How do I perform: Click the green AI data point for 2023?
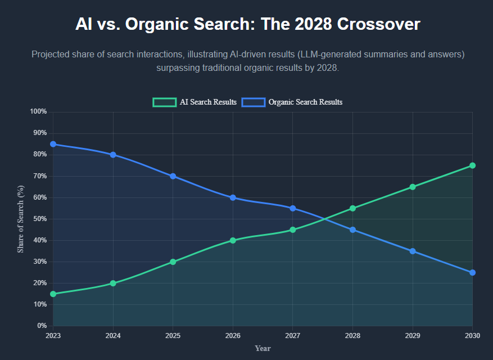pyautogui.click(x=53, y=294)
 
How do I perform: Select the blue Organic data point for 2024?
pyautogui.click(x=113, y=155)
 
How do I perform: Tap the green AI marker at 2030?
pyautogui.click(x=472, y=165)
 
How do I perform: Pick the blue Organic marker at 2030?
pyautogui.click(x=472, y=272)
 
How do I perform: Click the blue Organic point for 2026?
pyautogui.click(x=233, y=197)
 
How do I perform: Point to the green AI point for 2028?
pyautogui.click(x=352, y=208)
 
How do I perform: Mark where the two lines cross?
pyautogui.click(x=323, y=219)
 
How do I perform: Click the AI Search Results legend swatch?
pyautogui.click(x=164, y=102)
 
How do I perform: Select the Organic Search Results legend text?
pyautogui.click(x=305, y=102)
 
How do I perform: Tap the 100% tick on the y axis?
pyautogui.click(x=38, y=111)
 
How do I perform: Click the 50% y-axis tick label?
pyautogui.click(x=39, y=219)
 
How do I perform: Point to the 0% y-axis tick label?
pyautogui.click(x=42, y=326)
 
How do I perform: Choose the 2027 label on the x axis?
pyautogui.click(x=292, y=336)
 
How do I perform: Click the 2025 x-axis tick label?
pyautogui.click(x=173, y=336)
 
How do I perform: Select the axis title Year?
pyautogui.click(x=263, y=348)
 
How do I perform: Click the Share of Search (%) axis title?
pyautogui.click(x=21, y=219)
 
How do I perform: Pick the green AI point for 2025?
pyautogui.click(x=173, y=262)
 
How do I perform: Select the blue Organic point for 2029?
pyautogui.click(x=412, y=251)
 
